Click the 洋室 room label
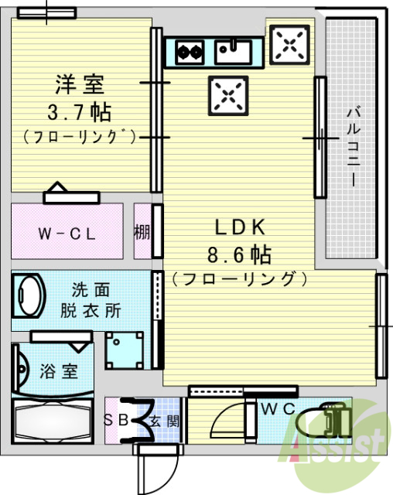(79, 82)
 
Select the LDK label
(240, 227)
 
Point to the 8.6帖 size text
(240, 253)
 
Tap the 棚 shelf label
(142, 233)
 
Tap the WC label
(275, 408)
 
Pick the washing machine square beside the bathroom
(125, 350)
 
